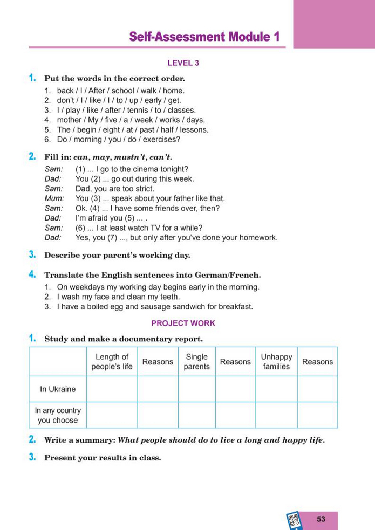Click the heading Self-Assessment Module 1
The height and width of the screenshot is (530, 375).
[x=204, y=37]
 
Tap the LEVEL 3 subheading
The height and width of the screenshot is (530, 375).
[x=183, y=63]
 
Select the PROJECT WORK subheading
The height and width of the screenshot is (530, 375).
[x=183, y=323]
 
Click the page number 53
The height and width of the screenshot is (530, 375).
[x=321, y=519]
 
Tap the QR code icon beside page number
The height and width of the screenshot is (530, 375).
[x=294, y=520]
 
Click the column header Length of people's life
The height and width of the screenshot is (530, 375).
[x=112, y=362]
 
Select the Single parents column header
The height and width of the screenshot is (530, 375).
[x=196, y=362]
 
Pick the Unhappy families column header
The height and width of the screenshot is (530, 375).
[x=276, y=362]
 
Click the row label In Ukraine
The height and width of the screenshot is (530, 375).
[x=58, y=389]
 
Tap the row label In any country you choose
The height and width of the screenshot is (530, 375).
[x=58, y=415]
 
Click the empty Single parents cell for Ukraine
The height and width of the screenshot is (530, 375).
[x=196, y=389]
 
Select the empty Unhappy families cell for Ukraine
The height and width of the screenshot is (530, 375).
[x=276, y=389]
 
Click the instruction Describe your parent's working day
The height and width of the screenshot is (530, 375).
[x=117, y=255]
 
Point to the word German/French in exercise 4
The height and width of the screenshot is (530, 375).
[x=220, y=274]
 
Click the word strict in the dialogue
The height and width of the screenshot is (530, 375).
[x=143, y=189]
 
